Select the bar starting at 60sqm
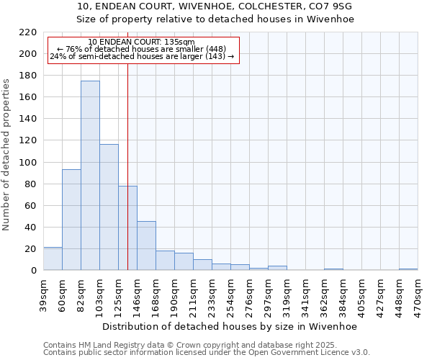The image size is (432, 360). pos(71,220)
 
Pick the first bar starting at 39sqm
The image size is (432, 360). pos(53,258)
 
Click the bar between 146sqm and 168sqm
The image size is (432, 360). pos(146,246)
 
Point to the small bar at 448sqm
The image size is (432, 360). pos(408,269)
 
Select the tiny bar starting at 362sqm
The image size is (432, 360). pos(333,269)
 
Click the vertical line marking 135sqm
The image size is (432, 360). pos(127,166)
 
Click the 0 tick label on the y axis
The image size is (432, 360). pos(34,271)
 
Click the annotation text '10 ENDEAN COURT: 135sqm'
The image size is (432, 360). pos(141,42)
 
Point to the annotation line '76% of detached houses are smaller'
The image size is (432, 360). pos(141,49)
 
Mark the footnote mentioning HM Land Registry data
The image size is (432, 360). pos(190,345)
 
